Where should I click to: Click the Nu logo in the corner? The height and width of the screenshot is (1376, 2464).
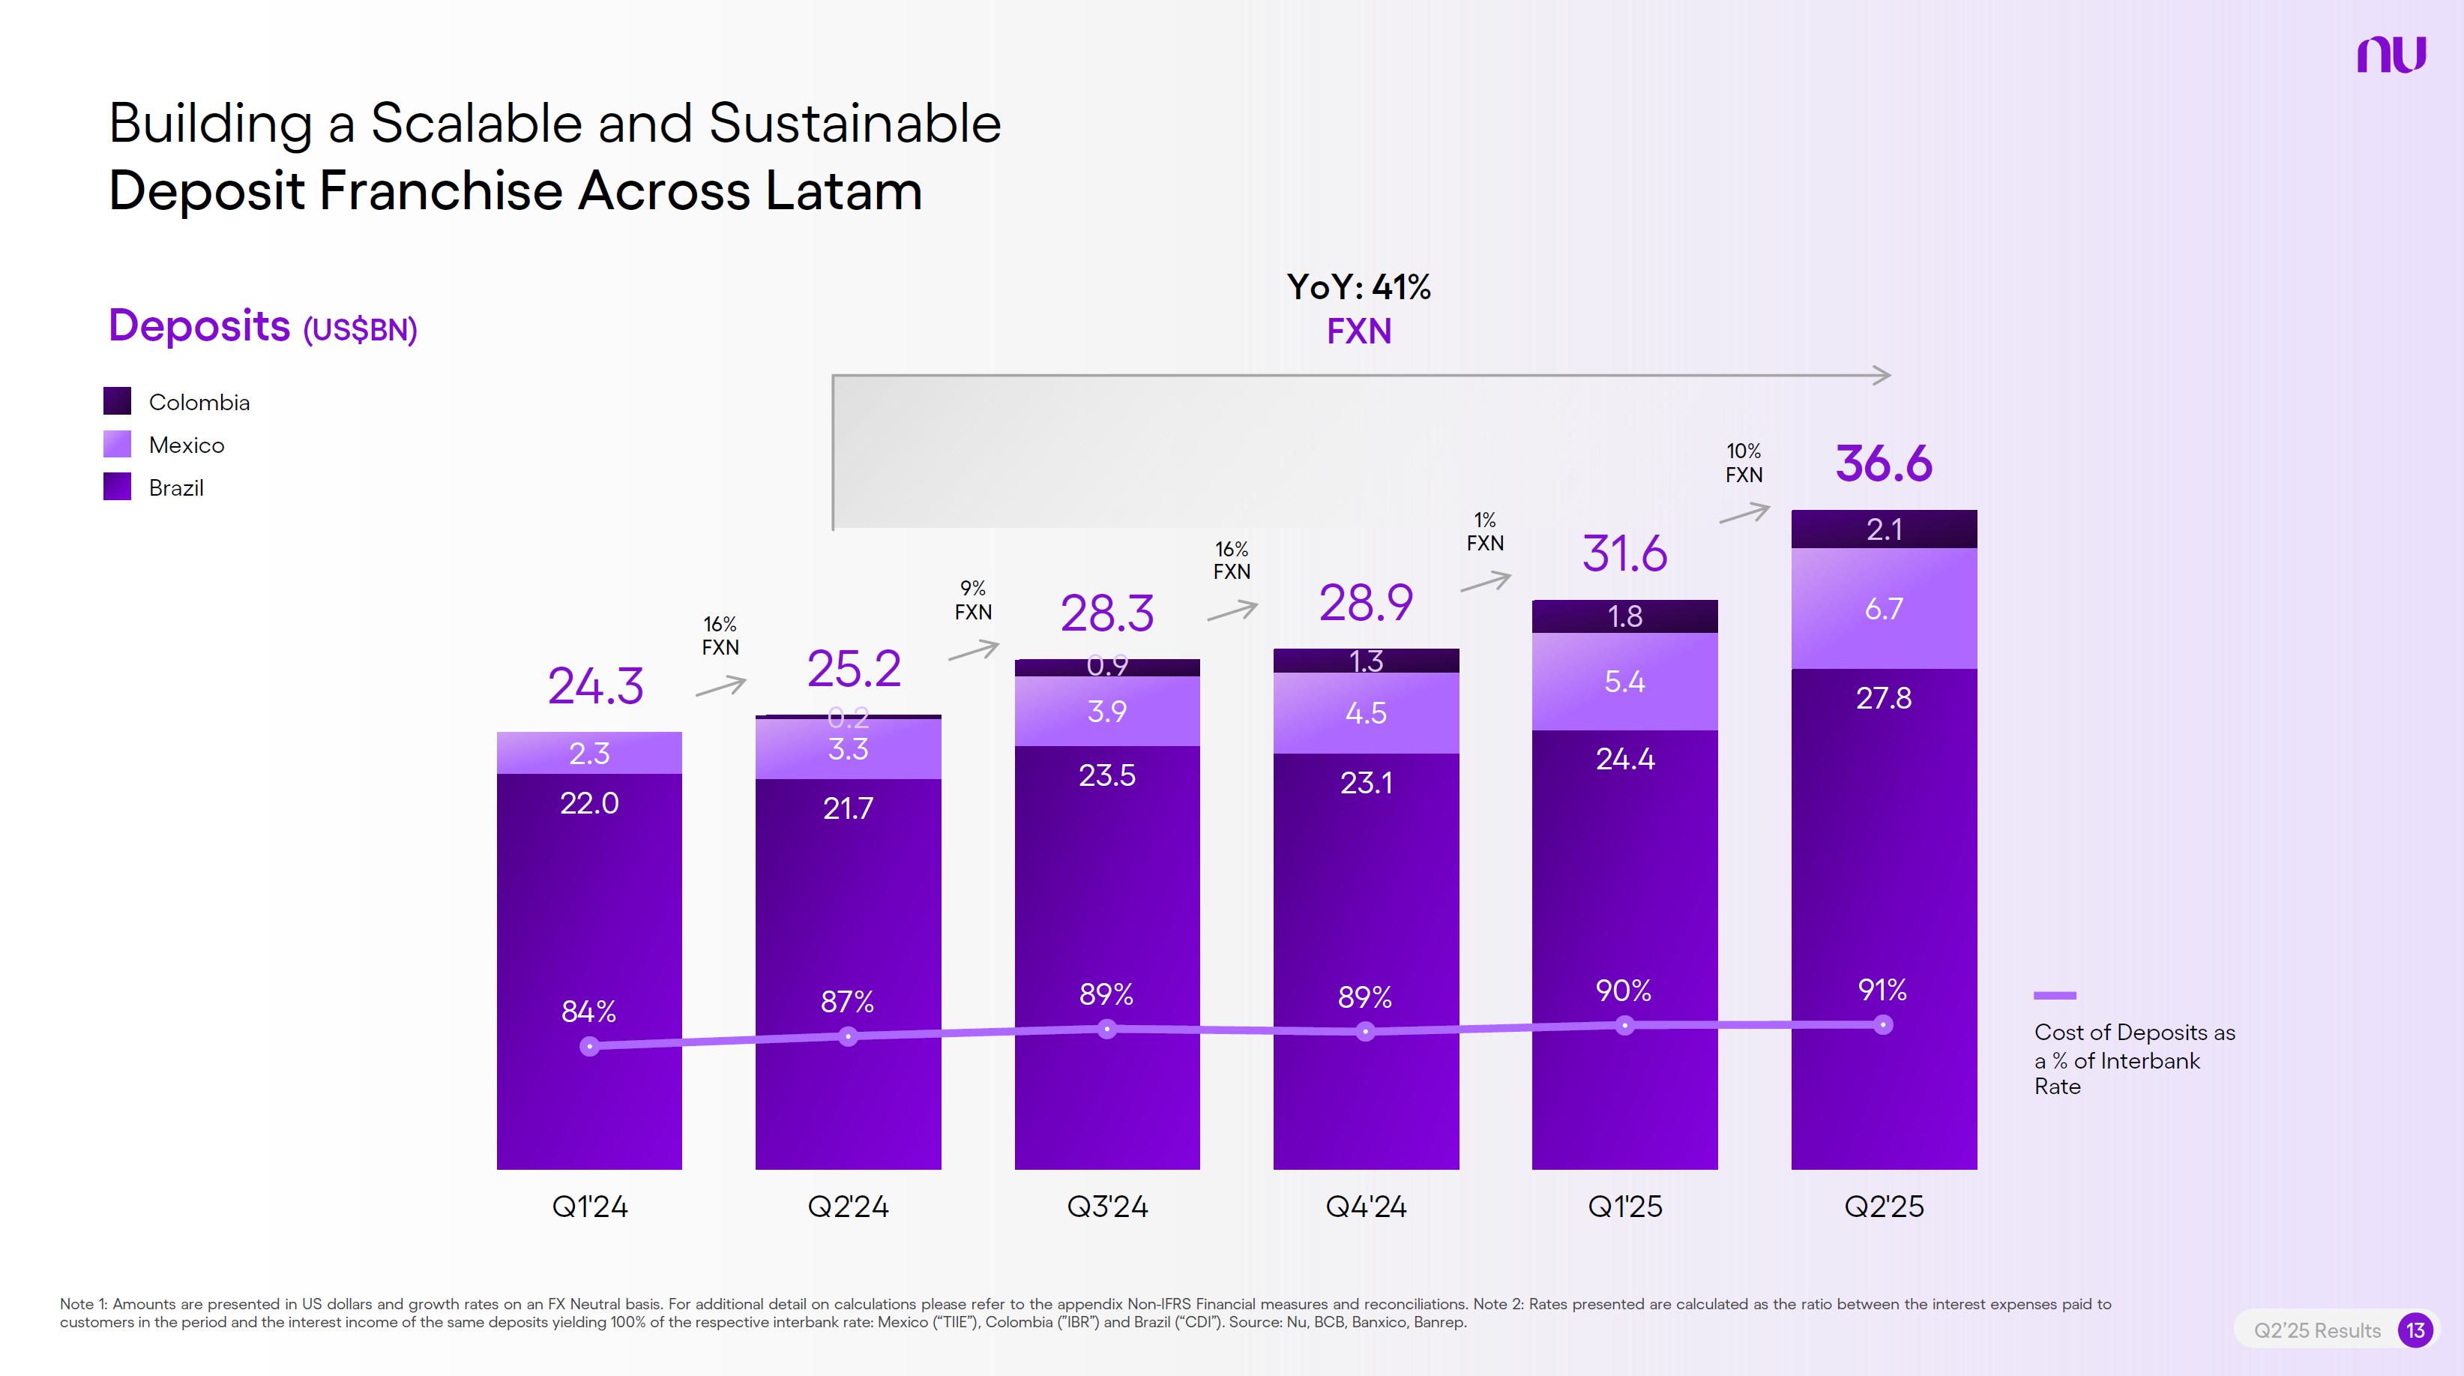(x=2391, y=55)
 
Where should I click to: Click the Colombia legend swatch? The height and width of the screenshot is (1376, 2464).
(x=117, y=401)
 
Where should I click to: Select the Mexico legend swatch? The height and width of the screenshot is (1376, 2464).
(x=117, y=444)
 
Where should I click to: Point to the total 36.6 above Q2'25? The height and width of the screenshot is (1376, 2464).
(x=1883, y=463)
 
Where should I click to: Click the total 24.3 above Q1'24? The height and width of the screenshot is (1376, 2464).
(x=595, y=685)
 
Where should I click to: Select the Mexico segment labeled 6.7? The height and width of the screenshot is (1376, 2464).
(x=1883, y=609)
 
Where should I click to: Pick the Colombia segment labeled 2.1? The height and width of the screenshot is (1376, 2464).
(x=1883, y=529)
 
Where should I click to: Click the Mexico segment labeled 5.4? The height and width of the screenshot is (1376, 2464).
(x=1624, y=682)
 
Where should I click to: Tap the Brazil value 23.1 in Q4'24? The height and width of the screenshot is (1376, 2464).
(x=1366, y=783)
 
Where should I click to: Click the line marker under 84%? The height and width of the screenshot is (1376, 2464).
(x=590, y=1047)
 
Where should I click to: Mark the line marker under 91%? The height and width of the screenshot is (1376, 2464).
(x=1882, y=1025)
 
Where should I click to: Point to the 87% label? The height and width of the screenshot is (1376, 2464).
(x=848, y=1002)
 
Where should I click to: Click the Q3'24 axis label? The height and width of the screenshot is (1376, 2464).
(x=1106, y=1206)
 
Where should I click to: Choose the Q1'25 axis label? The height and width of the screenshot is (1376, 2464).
(x=1624, y=1206)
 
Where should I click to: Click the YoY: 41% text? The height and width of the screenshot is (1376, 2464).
(x=1358, y=287)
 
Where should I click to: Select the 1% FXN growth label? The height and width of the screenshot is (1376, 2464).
(x=1484, y=531)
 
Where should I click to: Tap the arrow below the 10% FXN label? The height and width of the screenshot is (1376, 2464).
(x=1744, y=514)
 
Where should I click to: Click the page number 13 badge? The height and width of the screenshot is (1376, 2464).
(x=2415, y=1330)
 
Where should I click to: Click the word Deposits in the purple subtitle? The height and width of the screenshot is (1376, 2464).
(x=199, y=325)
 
